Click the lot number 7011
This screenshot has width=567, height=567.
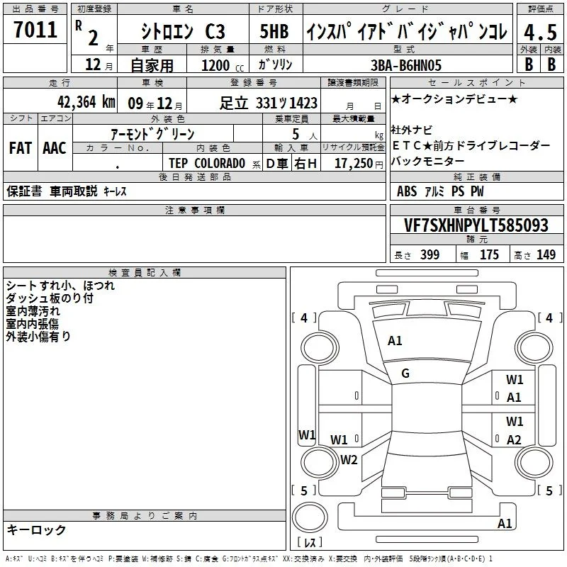tap(35, 29)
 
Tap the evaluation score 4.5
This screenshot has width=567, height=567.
tap(540, 32)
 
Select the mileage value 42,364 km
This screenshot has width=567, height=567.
tap(86, 102)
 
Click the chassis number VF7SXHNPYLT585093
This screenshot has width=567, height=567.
tap(476, 225)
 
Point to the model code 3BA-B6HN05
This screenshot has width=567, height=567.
tap(406, 65)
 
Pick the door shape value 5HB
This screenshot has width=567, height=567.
tap(274, 31)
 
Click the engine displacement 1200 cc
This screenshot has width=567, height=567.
tap(223, 65)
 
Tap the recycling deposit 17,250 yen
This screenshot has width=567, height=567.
tap(359, 164)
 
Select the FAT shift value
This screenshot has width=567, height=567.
tap(21, 148)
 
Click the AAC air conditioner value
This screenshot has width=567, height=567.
tap(55, 148)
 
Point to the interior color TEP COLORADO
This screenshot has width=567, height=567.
tap(207, 164)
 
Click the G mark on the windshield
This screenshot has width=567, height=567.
tap(405, 374)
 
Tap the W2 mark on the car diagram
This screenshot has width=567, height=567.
tap(349, 459)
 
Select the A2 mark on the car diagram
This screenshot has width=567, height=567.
tap(514, 439)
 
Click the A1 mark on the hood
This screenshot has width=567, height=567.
tap(395, 341)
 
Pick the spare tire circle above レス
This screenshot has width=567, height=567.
tap(310, 517)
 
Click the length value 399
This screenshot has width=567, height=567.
tap(430, 254)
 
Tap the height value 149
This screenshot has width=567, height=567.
tap(546, 254)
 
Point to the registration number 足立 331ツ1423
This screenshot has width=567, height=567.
tap(269, 103)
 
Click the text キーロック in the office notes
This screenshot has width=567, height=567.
tap(36, 529)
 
